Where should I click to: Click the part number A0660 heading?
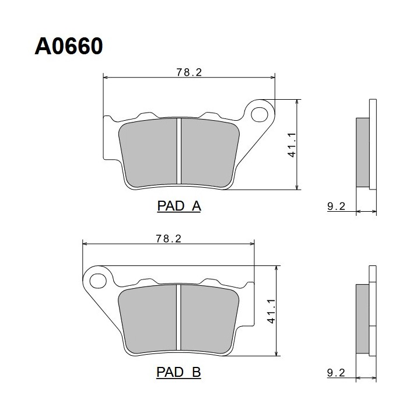69,46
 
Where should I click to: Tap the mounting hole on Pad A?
259,114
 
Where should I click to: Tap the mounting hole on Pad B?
98,281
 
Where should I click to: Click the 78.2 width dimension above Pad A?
189,72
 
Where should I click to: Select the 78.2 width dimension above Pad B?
169,239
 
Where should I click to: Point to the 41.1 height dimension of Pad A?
292,145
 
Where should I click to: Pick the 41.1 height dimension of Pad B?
271,311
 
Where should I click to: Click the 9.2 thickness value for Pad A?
336,206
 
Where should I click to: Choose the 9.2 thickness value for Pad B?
336,373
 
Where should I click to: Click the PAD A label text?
179,206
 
